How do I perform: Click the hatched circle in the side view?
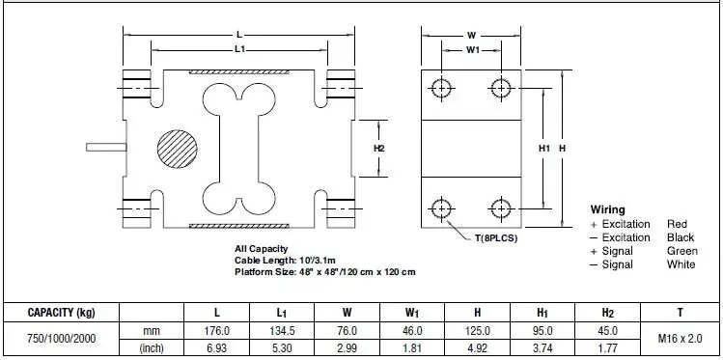pyautogui.click(x=178, y=149)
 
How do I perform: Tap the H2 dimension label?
pyautogui.click(x=378, y=149)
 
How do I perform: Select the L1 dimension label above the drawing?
pyautogui.click(x=239, y=49)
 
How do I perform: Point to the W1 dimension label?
pyautogui.click(x=473, y=50)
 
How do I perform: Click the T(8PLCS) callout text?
pyautogui.click(x=496, y=238)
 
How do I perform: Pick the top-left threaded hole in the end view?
pyautogui.click(x=442, y=88)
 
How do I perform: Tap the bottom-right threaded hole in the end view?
pyautogui.click(x=501, y=208)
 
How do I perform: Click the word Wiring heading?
pyautogui.click(x=608, y=209)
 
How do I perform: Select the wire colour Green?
pyautogui.click(x=681, y=251)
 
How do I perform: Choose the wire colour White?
pyautogui.click(x=681, y=264)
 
